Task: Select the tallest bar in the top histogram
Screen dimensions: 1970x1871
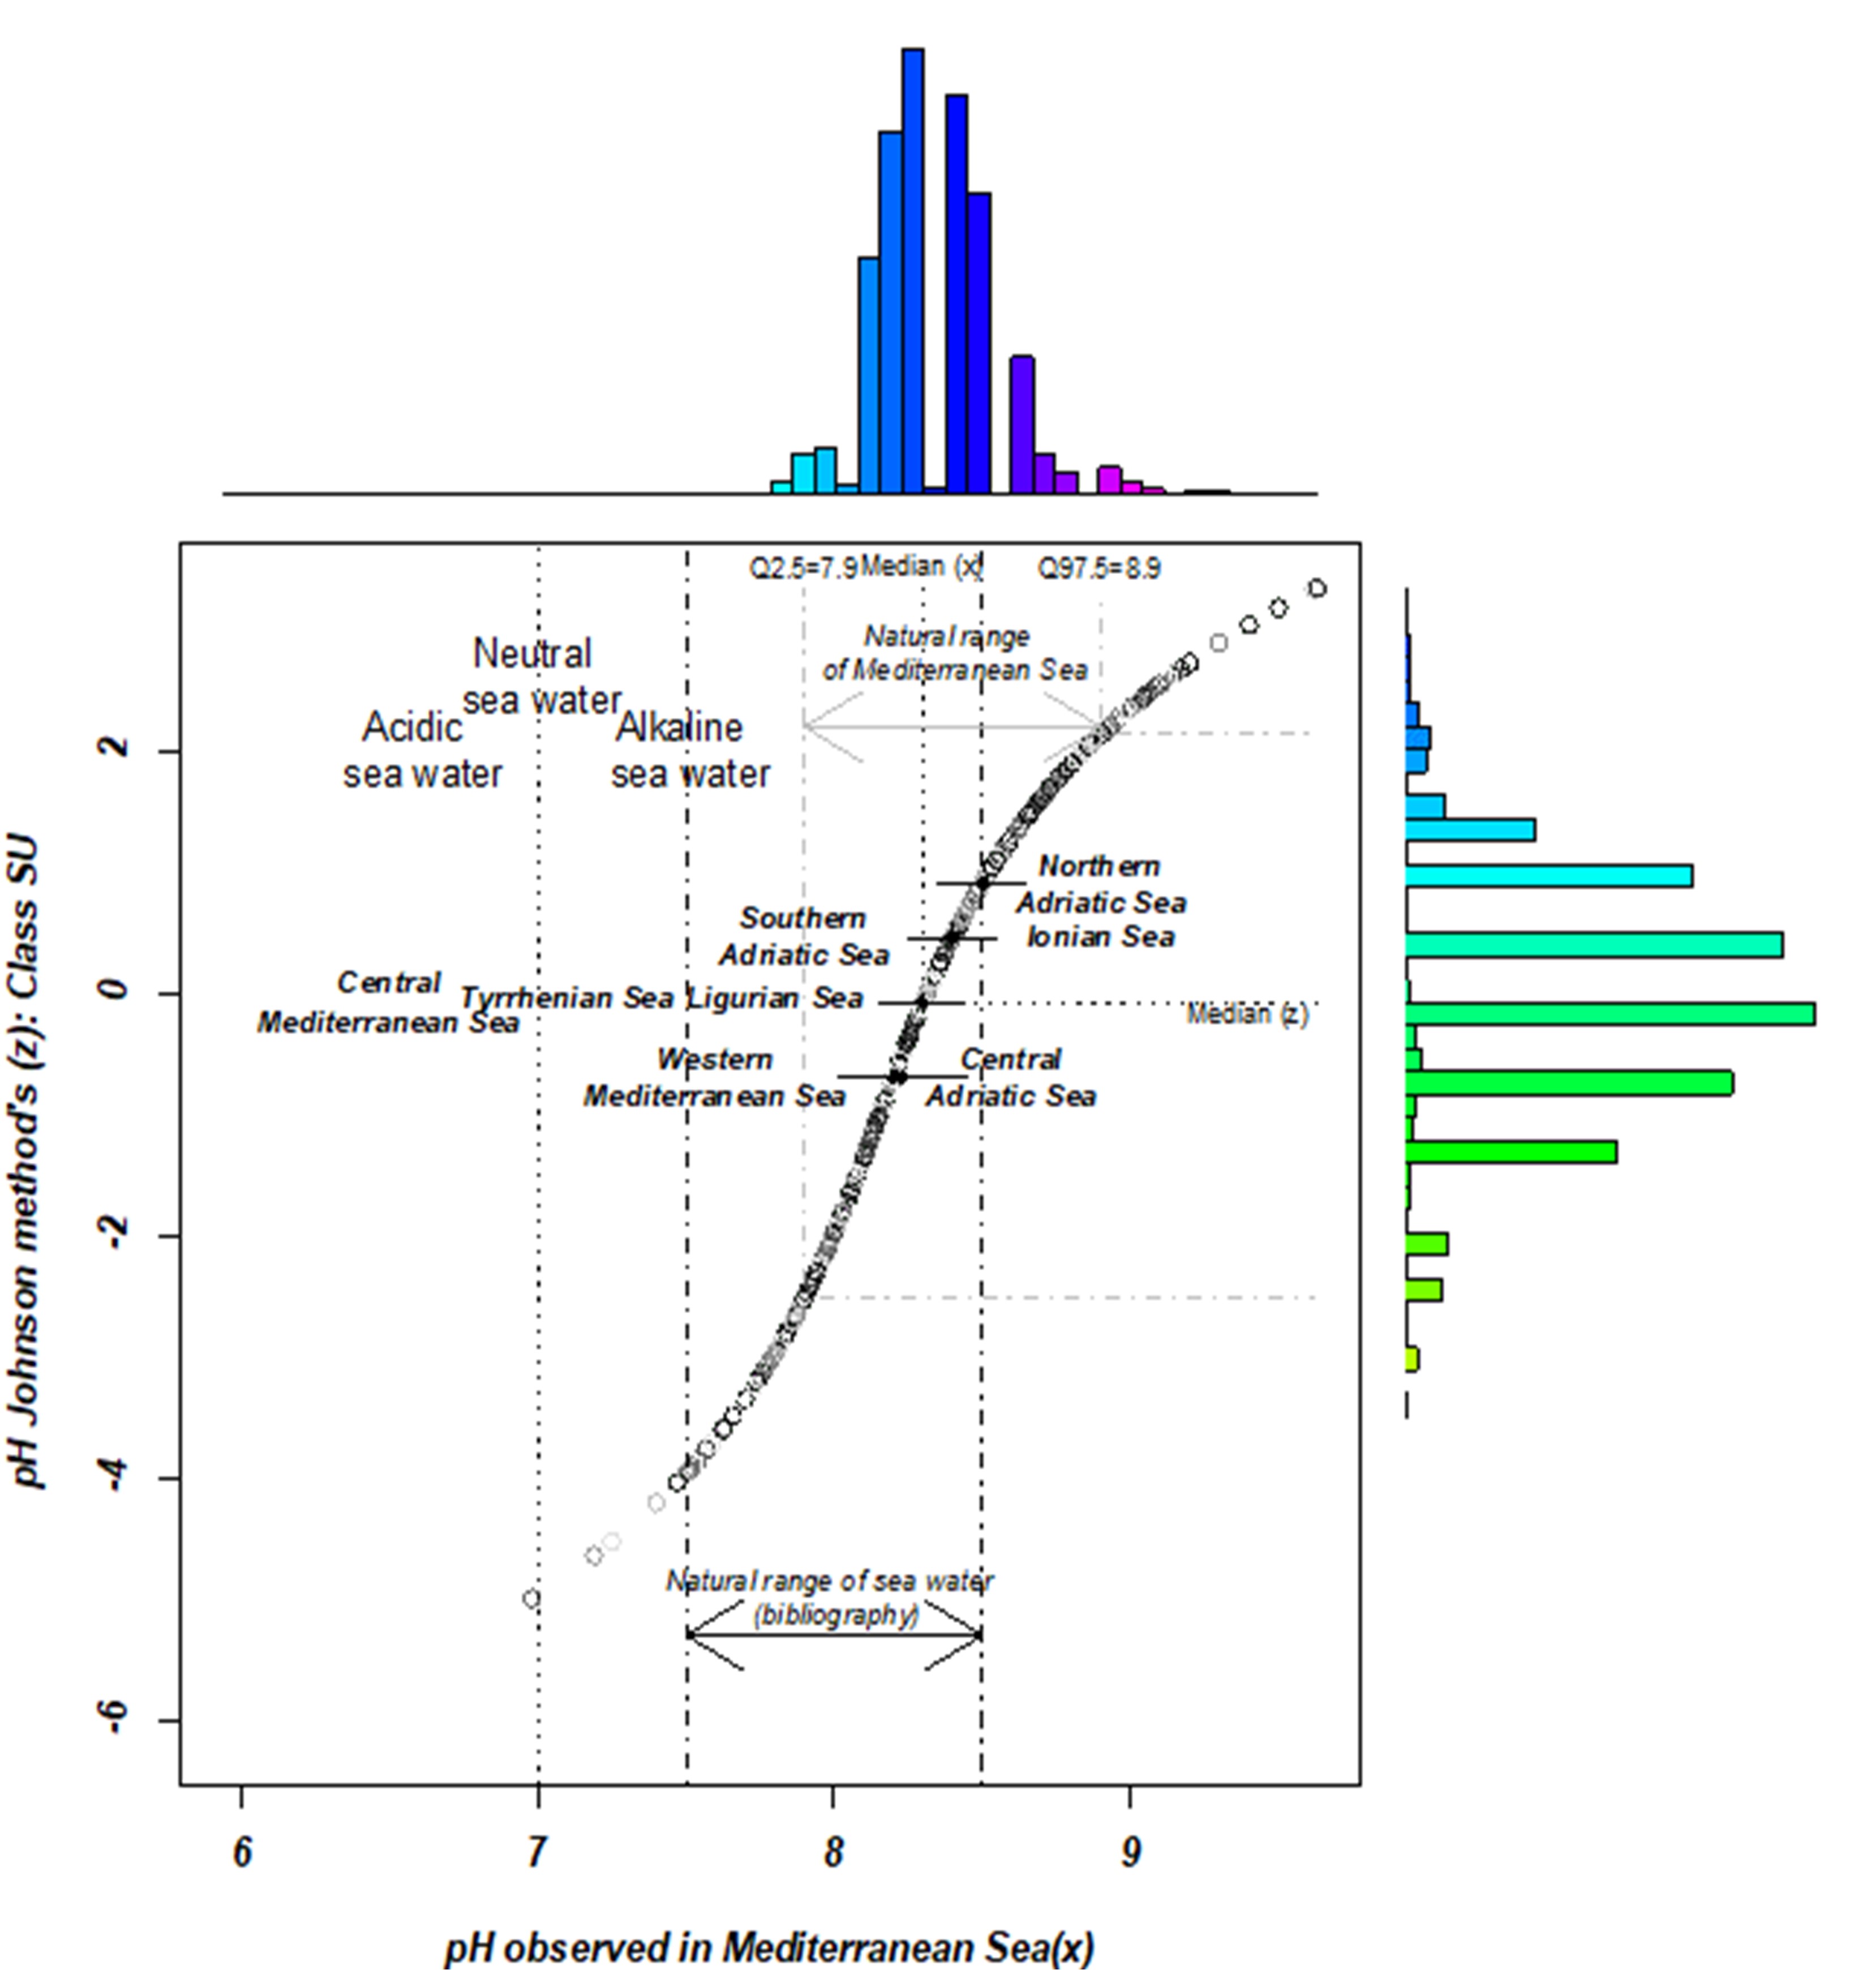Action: [x=912, y=271]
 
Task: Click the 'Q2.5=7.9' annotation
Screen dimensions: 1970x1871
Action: [x=803, y=568]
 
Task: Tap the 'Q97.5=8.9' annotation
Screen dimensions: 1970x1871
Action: [x=1099, y=568]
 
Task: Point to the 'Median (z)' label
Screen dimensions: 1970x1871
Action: [x=1247, y=1014]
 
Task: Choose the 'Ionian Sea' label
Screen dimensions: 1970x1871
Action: [x=1101, y=937]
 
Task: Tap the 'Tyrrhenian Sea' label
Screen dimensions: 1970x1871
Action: [x=567, y=999]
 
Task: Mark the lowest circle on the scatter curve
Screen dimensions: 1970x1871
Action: [x=531, y=1599]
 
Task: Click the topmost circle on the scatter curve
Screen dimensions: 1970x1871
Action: [x=1318, y=589]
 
